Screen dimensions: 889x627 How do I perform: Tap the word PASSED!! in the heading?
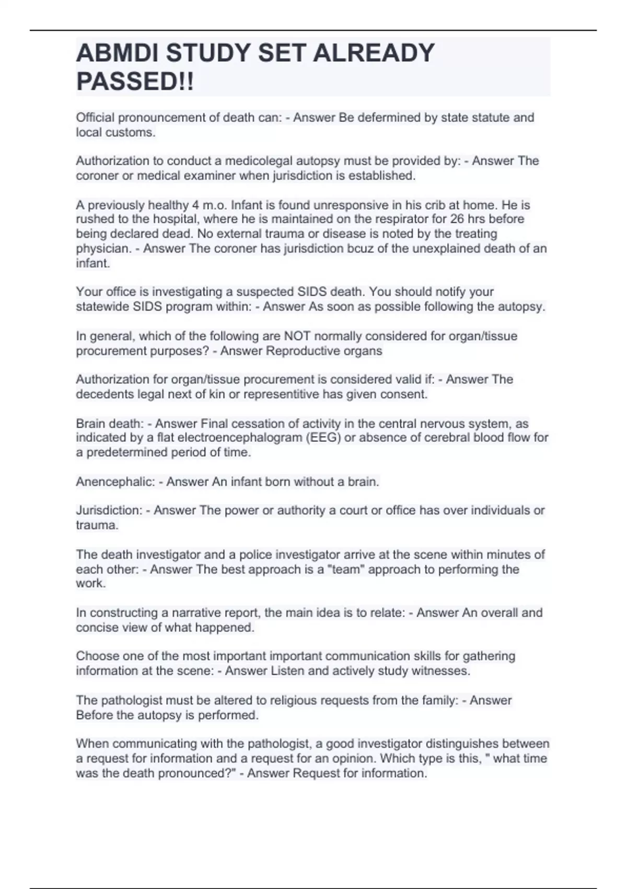135,82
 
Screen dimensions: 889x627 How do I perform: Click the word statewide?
102,306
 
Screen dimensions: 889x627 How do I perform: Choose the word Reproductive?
303,351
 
